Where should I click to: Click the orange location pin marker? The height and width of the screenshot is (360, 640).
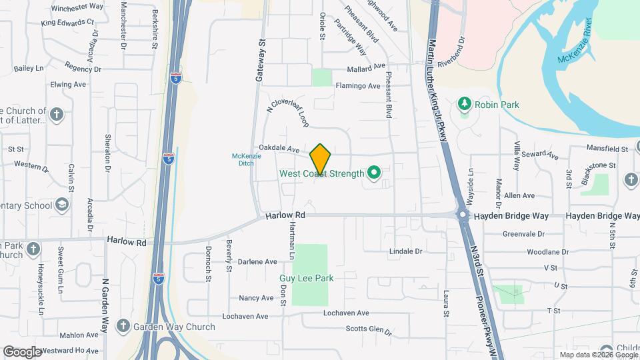(x=321, y=159)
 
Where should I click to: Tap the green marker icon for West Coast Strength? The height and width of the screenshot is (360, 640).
(x=373, y=174)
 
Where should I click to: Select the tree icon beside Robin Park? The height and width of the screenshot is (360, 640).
(x=465, y=105)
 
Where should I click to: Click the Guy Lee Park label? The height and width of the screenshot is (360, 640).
(x=306, y=278)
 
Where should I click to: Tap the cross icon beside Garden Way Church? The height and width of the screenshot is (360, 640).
(x=122, y=327)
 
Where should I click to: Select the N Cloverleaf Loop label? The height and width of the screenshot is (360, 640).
(x=288, y=110)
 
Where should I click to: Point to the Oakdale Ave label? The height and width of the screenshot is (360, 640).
(x=279, y=150)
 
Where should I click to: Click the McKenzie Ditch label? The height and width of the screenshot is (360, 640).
(x=246, y=159)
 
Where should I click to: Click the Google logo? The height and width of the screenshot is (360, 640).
(x=22, y=351)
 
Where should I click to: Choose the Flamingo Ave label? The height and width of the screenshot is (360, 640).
(x=357, y=86)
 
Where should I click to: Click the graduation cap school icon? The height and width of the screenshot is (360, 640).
(x=63, y=205)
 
